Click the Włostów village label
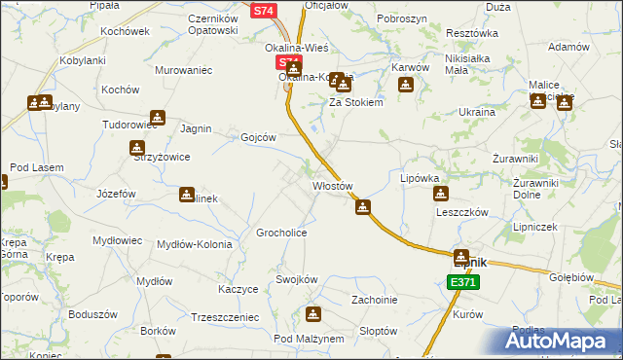pyautogui.click(x=331, y=185)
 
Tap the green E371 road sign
pyautogui.click(x=462, y=282)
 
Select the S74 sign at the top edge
pyautogui.click(x=264, y=11)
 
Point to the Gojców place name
pyautogui.click(x=259, y=137)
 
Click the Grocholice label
pyautogui.click(x=282, y=234)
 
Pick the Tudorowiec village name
pyautogui.click(x=130, y=126)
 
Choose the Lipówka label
pyautogui.click(x=421, y=179)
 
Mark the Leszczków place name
pyautogui.click(x=461, y=211)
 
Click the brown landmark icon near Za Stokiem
pyautogui.click(x=338, y=81)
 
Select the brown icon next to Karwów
pyautogui.click(x=406, y=86)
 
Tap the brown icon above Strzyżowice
pyautogui.click(x=138, y=148)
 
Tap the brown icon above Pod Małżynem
pyautogui.click(x=313, y=314)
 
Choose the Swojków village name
pyautogui.click(x=297, y=279)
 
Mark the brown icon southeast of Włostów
pyautogui.click(x=363, y=206)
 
